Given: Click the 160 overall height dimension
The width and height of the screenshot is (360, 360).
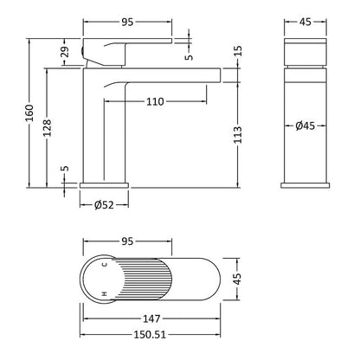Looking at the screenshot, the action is click(29, 112).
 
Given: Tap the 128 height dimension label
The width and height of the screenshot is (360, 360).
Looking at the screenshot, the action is click(47, 128).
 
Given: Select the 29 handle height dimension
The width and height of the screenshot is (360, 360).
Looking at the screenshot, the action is click(66, 52).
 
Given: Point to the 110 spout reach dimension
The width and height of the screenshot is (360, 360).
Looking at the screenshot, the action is click(155, 101).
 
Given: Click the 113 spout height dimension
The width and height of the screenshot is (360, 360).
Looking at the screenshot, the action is click(238, 135).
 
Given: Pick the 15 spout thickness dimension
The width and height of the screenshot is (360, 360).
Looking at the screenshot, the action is click(238, 51).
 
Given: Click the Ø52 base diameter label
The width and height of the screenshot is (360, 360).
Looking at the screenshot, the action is click(104, 205).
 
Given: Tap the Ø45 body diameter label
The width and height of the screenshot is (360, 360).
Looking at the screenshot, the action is click(305, 125).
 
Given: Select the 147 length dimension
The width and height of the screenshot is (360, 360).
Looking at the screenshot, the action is click(151, 318).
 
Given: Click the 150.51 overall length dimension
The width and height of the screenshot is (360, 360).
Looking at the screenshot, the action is click(150, 335).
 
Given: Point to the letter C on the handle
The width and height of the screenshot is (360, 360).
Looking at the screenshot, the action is click(105, 264).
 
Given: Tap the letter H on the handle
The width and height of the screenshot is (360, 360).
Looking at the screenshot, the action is click(105, 293).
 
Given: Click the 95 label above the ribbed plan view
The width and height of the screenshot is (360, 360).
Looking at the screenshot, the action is click(127, 241).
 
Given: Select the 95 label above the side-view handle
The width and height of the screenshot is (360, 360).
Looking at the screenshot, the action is click(127, 22).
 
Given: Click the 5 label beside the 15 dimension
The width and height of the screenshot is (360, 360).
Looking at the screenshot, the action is click(190, 57).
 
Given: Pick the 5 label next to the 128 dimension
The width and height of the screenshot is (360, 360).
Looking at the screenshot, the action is click(66, 168).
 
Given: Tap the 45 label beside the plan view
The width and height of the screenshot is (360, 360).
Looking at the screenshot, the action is click(236, 279).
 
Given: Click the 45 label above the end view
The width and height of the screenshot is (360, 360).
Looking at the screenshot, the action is click(305, 22).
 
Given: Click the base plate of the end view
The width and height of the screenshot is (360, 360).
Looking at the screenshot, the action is click(305, 185).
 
